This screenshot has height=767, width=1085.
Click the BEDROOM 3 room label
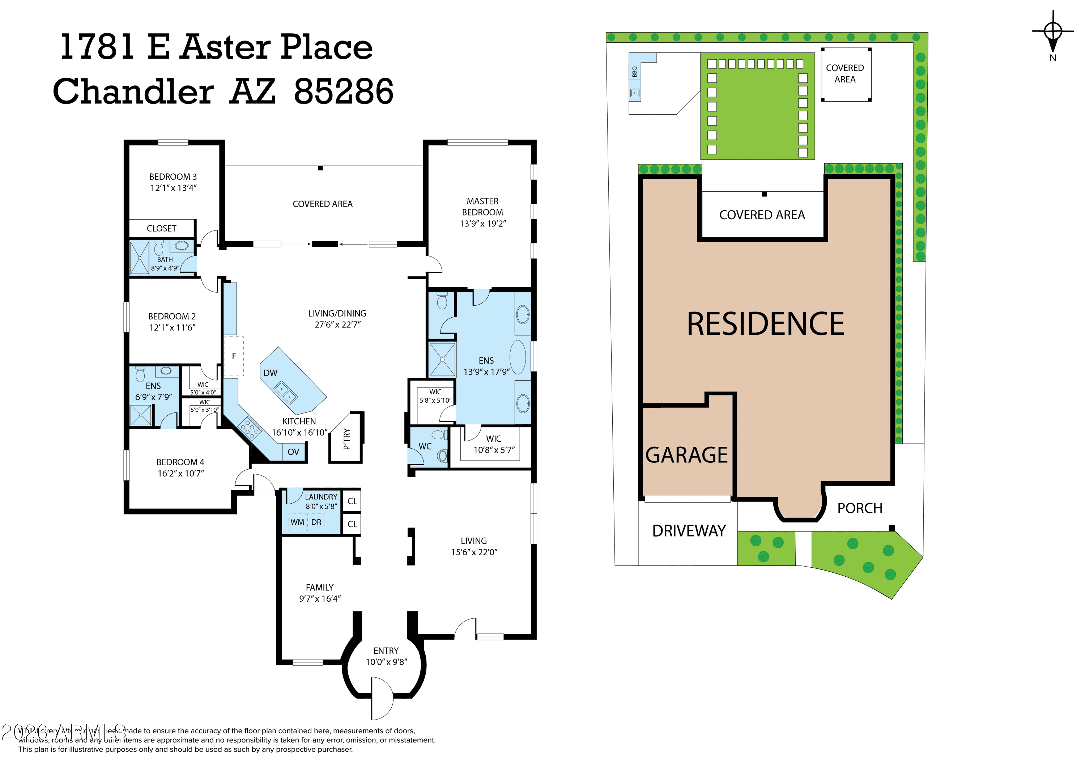pos(173,177)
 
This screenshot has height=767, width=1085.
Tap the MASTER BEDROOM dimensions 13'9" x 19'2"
pos(482,224)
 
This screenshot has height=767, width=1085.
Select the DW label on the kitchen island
pos(270,373)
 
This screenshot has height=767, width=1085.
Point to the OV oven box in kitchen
pos(293,452)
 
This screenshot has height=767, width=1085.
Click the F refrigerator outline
pos(234,356)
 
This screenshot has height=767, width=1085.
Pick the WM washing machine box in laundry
pos(297,522)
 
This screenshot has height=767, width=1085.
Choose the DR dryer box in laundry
pos(316,522)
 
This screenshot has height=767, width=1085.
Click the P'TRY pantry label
pos(347,438)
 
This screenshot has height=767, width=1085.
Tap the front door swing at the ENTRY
pos(382,699)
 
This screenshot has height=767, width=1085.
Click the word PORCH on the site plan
pos(860,508)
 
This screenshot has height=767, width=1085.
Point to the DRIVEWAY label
pos(689,531)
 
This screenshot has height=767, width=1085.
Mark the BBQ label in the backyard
pos(635,71)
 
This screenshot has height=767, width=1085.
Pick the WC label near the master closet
pos(425,446)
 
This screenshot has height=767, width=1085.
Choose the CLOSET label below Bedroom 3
pos(161,228)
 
